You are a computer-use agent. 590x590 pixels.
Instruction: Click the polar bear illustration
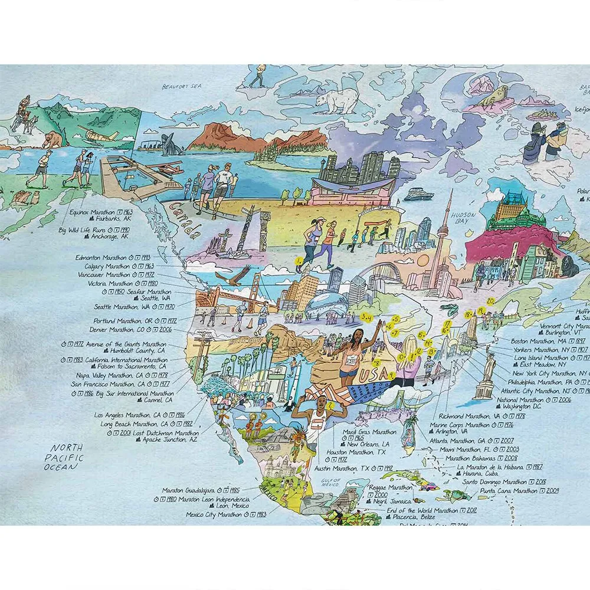pos(335,101)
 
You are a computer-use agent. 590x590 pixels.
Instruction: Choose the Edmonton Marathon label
pos(101,257)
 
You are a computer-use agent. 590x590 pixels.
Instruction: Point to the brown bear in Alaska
pos(52,139)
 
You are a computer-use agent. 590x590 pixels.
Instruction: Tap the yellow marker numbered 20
pos(490,301)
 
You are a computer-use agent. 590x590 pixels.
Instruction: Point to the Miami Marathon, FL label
pos(467,449)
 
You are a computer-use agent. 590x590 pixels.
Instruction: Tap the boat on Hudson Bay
pos(418,195)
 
